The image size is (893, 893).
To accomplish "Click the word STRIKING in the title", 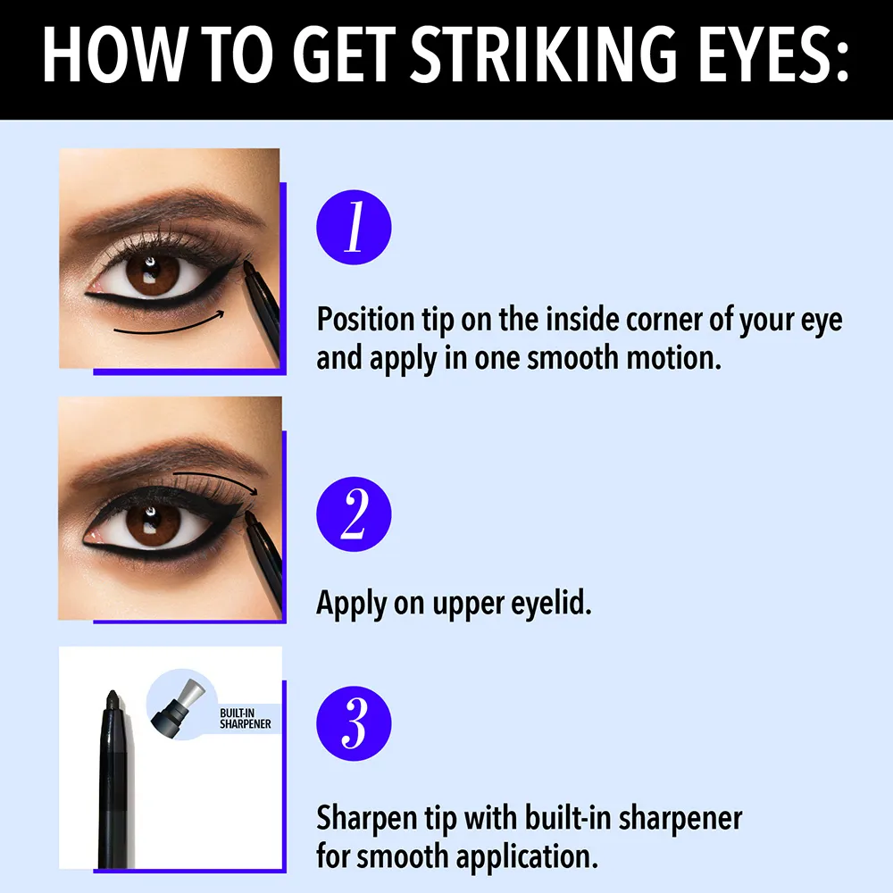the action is (543, 54).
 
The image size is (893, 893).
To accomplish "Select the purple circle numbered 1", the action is (354, 227).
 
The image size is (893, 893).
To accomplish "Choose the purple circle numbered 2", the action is (354, 514).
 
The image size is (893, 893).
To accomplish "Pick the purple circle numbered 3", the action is (354, 723).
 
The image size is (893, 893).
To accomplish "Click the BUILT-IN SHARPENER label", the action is (245, 719).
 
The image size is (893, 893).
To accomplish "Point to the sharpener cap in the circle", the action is (178, 705).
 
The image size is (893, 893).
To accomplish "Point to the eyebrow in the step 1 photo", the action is (165, 212).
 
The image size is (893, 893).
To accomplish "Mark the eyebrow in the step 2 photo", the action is (165, 459).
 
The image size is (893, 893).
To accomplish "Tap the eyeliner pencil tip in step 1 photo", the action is (248, 266).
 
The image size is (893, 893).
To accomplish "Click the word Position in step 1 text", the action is (365, 320).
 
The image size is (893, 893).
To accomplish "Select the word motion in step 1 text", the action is (673, 358).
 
